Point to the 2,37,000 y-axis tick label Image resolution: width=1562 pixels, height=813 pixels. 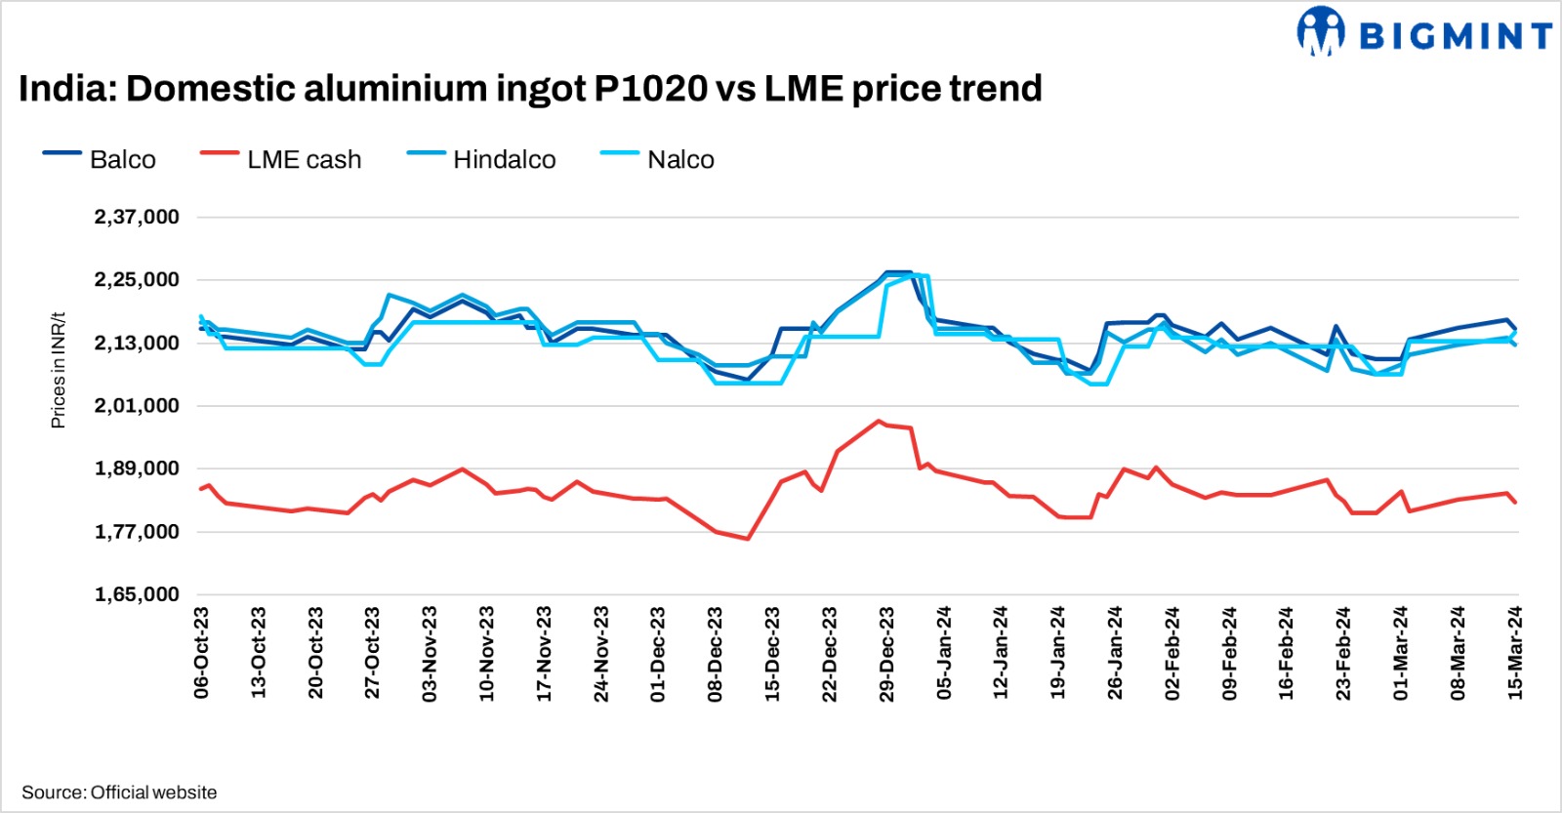click(x=137, y=217)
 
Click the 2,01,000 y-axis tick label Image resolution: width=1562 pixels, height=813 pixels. click(x=137, y=405)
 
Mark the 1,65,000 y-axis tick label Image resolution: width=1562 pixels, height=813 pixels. click(x=137, y=594)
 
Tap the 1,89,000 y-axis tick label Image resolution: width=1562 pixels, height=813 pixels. click(x=137, y=468)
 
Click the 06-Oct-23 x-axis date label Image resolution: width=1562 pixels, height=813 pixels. click(x=202, y=652)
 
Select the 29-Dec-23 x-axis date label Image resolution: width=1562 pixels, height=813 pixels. click(x=886, y=652)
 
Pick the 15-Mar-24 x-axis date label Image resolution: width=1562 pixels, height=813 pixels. click(x=1515, y=652)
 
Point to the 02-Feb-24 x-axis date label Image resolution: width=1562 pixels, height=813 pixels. click(x=1172, y=652)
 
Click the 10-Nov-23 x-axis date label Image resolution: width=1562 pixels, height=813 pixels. click(x=487, y=652)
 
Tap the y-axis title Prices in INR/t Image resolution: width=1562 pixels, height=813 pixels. click(x=59, y=370)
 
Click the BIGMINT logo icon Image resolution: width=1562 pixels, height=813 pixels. click(x=1320, y=32)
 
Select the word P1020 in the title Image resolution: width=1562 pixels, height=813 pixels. click(x=650, y=89)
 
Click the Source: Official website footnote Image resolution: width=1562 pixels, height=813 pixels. click(x=119, y=793)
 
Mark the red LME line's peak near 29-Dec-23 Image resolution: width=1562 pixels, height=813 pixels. click(x=879, y=421)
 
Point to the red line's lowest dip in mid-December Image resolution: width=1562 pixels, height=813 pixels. click(x=748, y=539)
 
